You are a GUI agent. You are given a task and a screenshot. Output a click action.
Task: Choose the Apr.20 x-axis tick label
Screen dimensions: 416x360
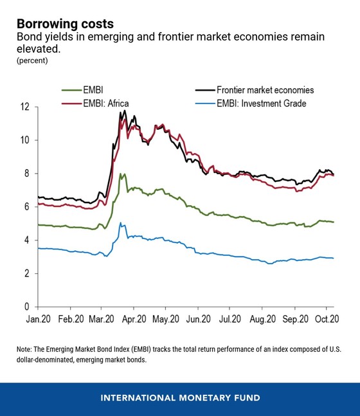[133, 319]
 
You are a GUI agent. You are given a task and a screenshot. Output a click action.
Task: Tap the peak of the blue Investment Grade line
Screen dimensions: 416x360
[120, 224]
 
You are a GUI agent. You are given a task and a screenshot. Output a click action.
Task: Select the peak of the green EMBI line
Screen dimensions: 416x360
[121, 173]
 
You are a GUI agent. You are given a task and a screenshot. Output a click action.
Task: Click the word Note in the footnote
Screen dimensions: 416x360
[26, 349]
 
